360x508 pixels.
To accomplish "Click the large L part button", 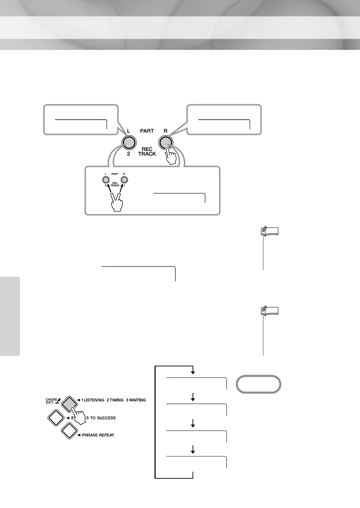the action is coord(128,142).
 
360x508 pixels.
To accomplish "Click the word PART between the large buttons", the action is coord(147,131).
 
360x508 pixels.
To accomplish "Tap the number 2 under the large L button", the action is coord(128,154).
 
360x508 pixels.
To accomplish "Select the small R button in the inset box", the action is coord(124,180).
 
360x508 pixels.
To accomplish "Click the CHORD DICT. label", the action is coord(52,401).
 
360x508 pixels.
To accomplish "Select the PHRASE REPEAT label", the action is coord(98,435).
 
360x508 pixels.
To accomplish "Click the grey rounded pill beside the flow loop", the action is coord(258,384).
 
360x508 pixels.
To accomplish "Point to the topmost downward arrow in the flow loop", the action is coord(193,372).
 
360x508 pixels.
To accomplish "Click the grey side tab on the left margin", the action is coord(10,315).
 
